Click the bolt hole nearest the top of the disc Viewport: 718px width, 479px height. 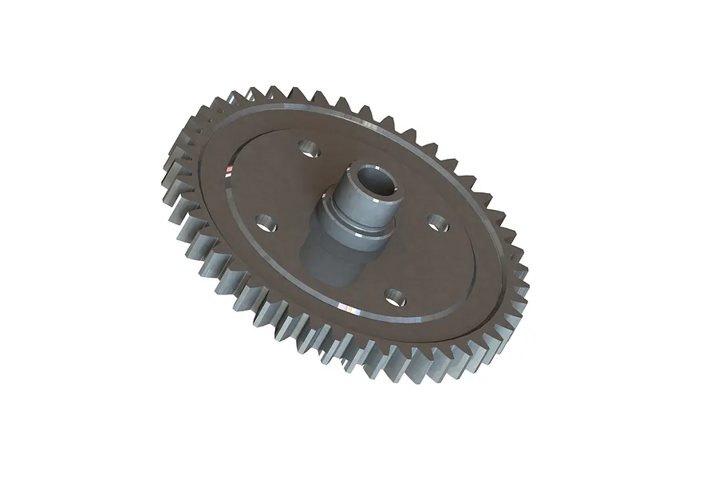(x=306, y=149)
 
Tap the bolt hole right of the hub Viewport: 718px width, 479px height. (x=436, y=221)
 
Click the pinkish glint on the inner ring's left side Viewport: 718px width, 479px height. (x=229, y=170)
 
